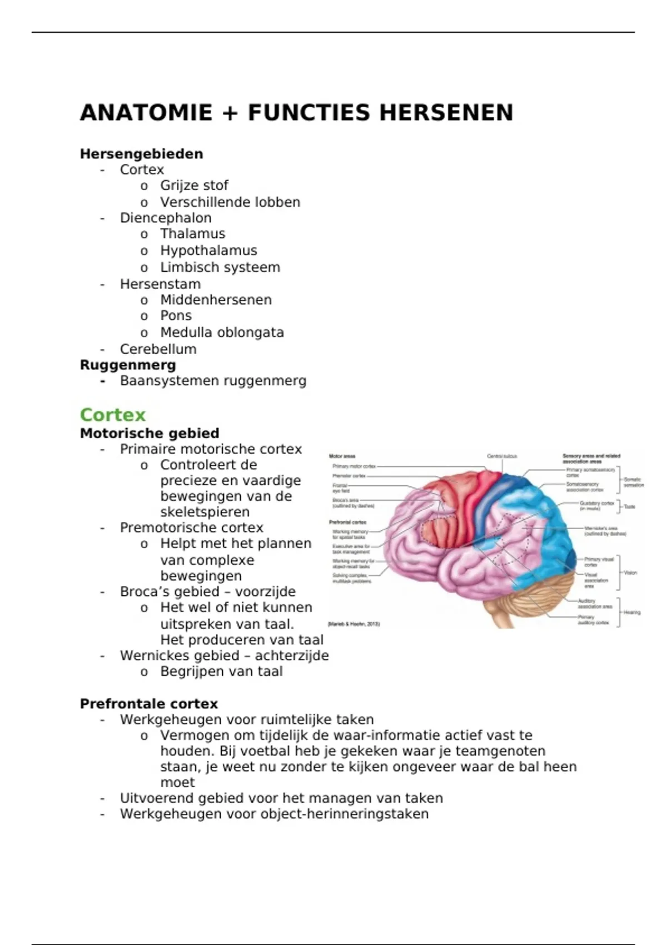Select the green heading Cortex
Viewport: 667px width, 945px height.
112,415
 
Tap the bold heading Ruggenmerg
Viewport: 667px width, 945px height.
128,365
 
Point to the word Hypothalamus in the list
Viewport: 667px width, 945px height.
208,251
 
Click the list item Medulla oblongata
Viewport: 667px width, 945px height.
222,332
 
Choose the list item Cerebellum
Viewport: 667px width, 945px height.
158,349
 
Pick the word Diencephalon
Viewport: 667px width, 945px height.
166,218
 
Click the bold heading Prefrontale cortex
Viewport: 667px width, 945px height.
148,704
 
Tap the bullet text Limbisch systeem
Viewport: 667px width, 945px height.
220,267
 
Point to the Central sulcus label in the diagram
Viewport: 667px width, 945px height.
502,456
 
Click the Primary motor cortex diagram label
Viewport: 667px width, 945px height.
354,466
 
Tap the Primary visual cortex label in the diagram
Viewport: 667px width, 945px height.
598,562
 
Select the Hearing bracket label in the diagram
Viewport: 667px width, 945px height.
632,612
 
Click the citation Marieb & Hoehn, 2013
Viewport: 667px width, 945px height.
354,624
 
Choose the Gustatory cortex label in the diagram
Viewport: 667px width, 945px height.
596,505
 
